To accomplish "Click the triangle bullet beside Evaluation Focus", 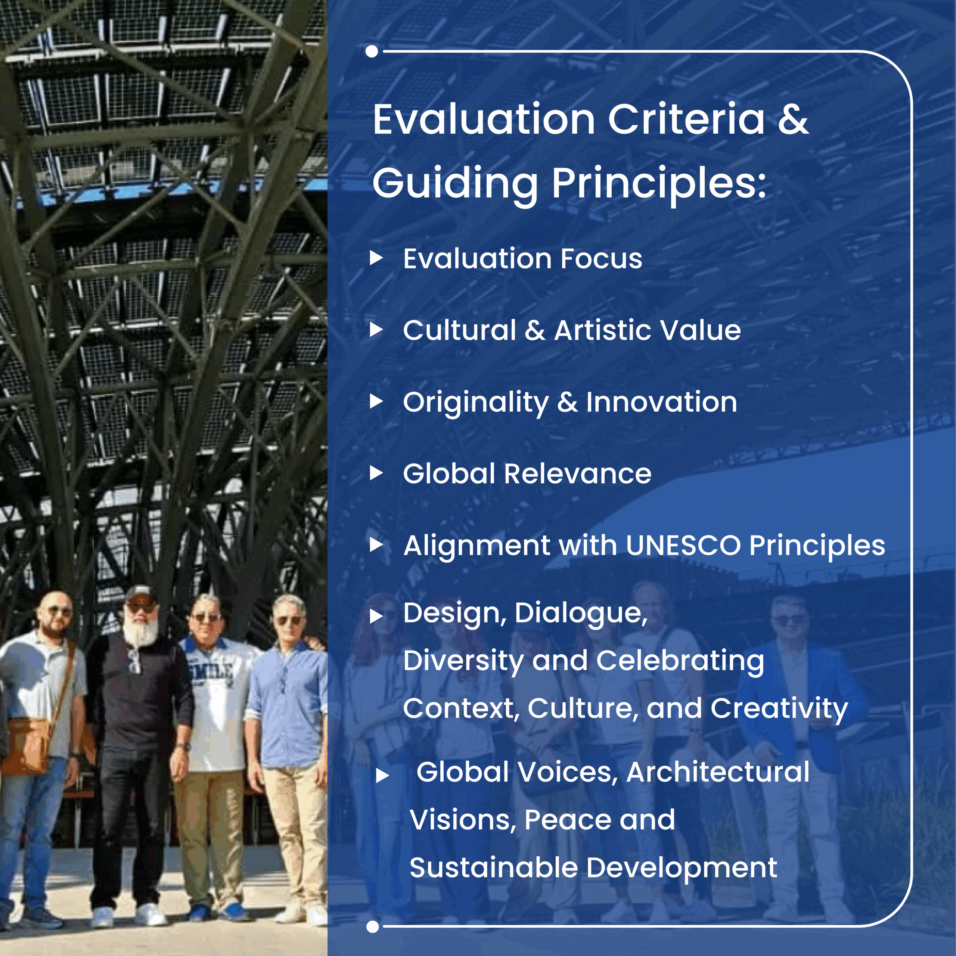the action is [x=376, y=257].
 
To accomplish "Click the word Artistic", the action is [x=604, y=330].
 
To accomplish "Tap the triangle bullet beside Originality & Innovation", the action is [x=376, y=401].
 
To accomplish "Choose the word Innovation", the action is [x=662, y=401].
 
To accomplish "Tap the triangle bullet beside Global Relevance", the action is [x=376, y=473].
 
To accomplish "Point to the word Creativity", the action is [x=779, y=709].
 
